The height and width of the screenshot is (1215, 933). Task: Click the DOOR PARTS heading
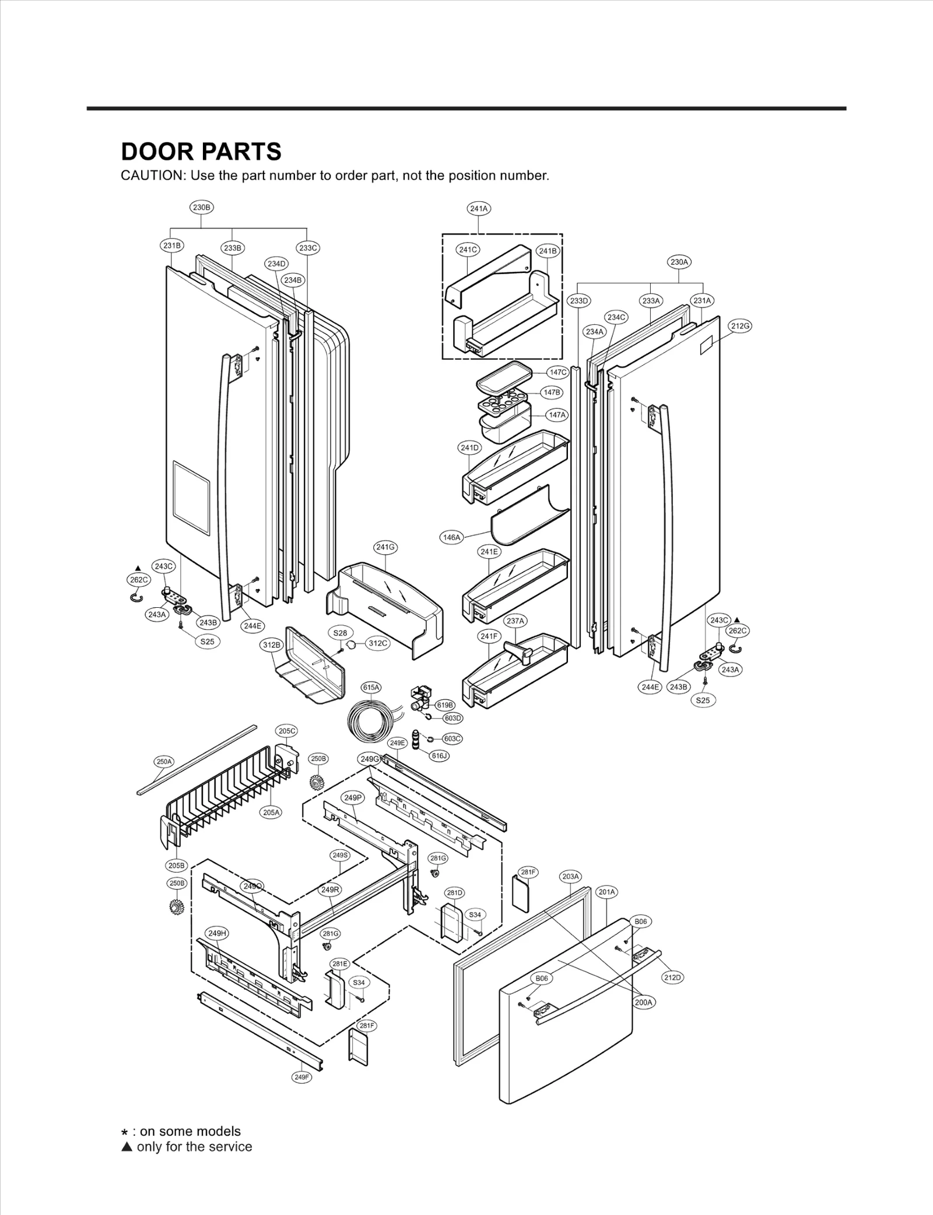click(201, 152)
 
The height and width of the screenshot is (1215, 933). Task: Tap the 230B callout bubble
click(202, 207)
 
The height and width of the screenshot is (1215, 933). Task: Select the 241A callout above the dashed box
click(479, 208)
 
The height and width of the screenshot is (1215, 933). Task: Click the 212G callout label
click(740, 325)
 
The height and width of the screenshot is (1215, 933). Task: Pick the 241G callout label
click(385, 547)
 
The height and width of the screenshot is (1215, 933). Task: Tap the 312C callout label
click(378, 643)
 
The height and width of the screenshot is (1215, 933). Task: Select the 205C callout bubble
click(286, 731)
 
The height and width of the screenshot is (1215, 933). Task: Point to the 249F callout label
click(301, 1077)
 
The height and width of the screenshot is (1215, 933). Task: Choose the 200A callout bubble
click(644, 1002)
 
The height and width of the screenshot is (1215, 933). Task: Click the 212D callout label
click(672, 977)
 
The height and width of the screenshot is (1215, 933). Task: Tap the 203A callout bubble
click(570, 893)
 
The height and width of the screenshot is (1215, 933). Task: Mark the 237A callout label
click(515, 621)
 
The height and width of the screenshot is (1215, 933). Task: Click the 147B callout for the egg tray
click(552, 393)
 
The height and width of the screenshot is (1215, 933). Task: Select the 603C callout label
click(453, 738)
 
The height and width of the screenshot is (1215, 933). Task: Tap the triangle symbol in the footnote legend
click(127, 1147)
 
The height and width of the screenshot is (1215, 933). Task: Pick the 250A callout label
click(164, 762)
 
